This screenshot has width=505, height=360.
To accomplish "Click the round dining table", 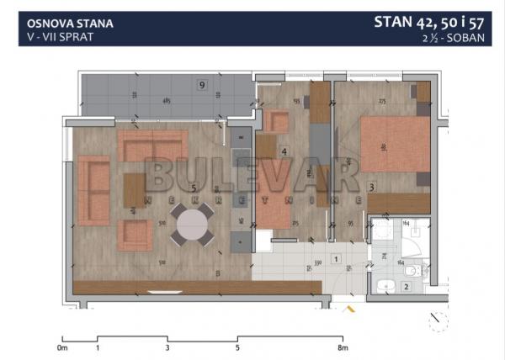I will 193,225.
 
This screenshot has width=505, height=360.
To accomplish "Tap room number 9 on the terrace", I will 201,84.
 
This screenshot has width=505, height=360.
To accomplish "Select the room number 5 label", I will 194,188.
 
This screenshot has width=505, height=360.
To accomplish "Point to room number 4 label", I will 284,152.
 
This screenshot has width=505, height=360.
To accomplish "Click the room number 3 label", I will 371,188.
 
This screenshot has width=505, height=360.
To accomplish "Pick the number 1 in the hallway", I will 335,260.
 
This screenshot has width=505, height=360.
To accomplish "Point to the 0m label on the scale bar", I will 61,347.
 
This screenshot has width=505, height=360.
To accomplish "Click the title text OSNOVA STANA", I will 65,24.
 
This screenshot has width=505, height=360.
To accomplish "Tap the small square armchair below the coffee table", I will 134,235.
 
